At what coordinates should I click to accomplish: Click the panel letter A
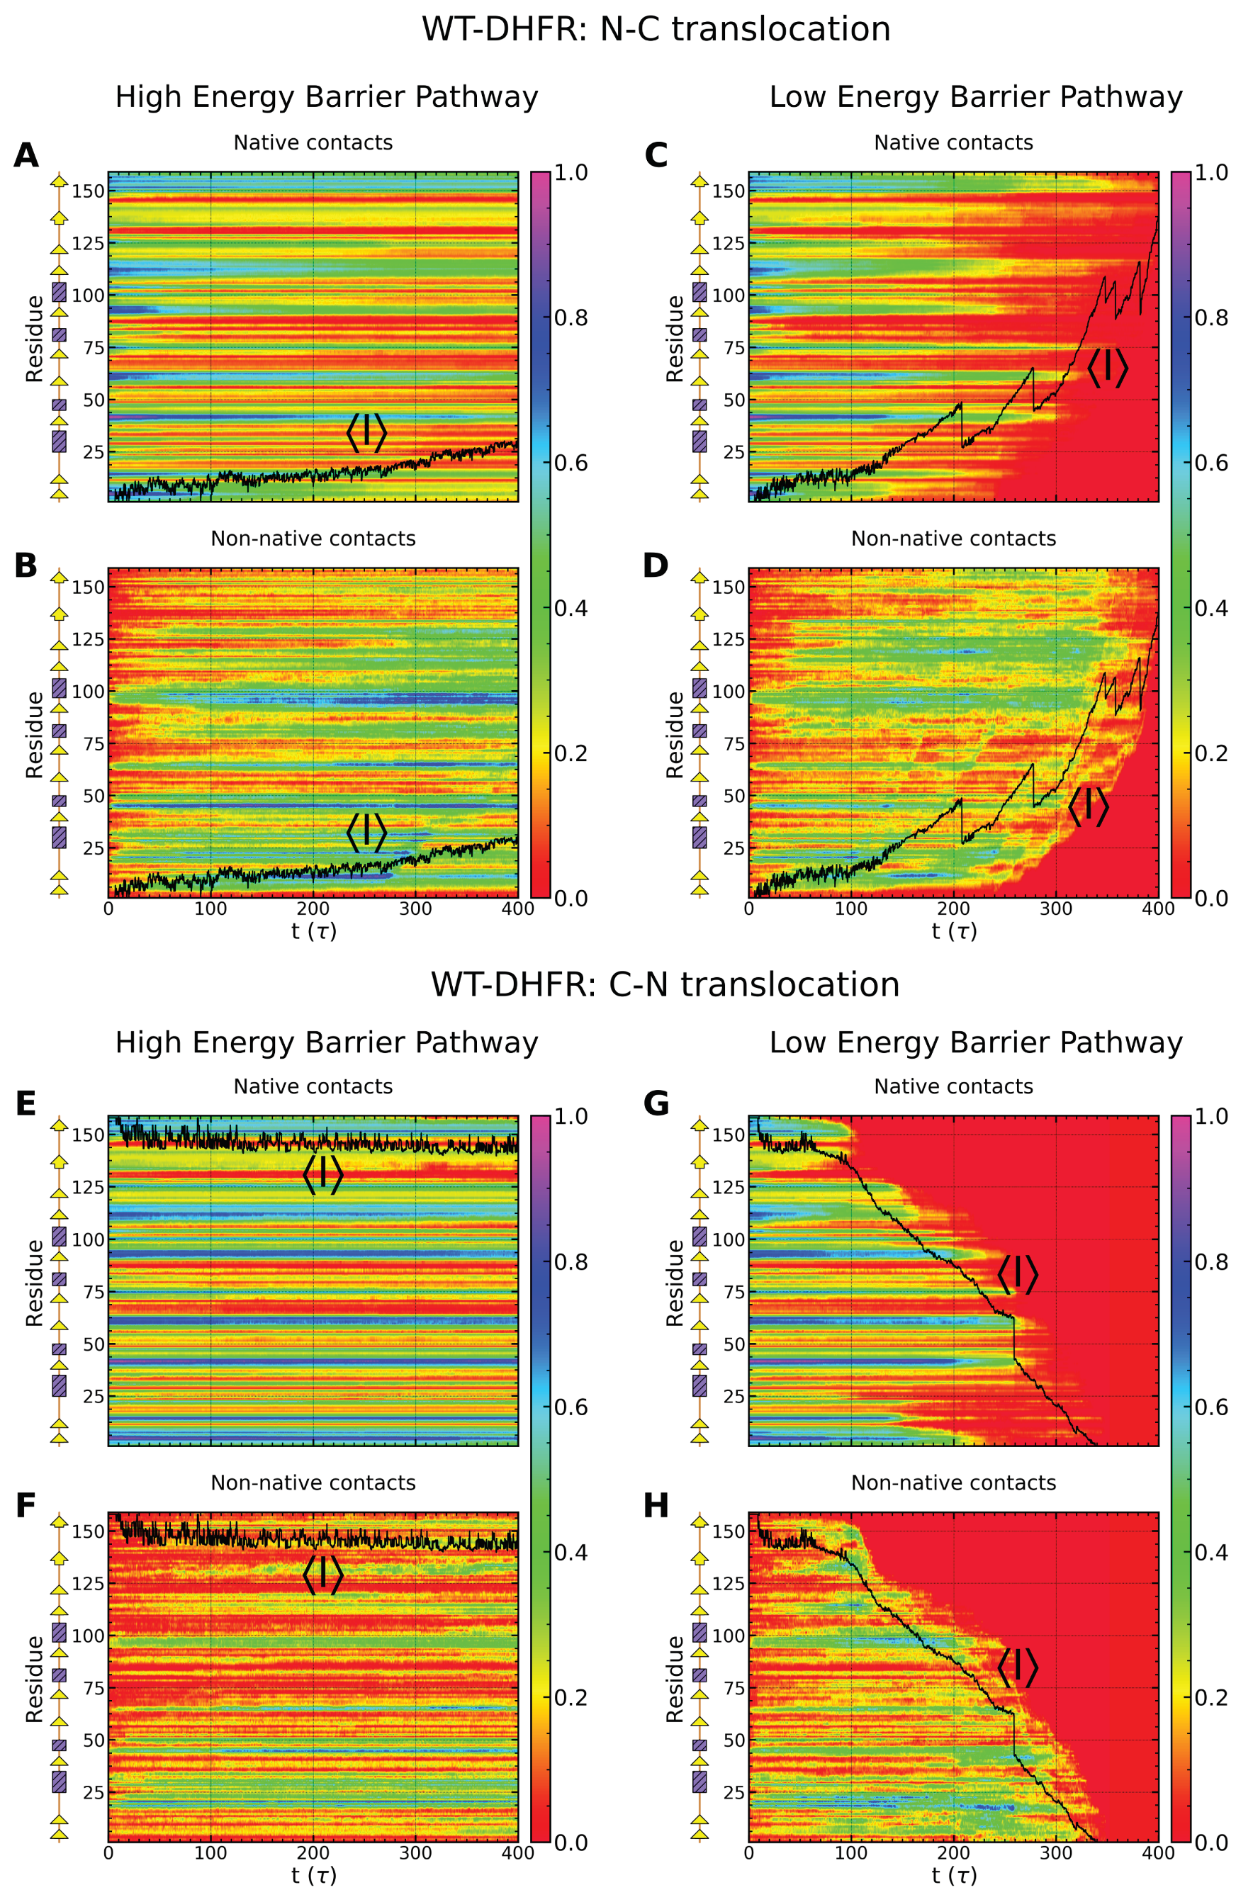click(26, 155)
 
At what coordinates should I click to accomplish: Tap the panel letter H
click(656, 1506)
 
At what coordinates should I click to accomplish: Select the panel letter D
click(656, 565)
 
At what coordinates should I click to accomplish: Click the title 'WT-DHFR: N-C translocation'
click(656, 30)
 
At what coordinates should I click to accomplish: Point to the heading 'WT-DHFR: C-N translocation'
click(665, 984)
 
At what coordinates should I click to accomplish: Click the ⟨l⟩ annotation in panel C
click(1107, 368)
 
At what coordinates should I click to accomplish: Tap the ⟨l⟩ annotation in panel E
click(323, 1174)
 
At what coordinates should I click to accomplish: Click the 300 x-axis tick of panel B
click(415, 908)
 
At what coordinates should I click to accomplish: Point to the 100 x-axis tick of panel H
click(850, 1852)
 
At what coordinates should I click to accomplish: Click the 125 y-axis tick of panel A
click(89, 243)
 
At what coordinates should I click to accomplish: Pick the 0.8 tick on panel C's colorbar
click(1210, 317)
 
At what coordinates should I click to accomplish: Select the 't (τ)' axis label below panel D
click(953, 930)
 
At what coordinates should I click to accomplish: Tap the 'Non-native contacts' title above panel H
click(953, 1482)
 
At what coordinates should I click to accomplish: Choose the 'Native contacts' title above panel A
click(313, 142)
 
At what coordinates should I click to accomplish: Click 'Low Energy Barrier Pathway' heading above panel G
click(975, 1042)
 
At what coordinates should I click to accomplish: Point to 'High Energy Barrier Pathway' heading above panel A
click(326, 96)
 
